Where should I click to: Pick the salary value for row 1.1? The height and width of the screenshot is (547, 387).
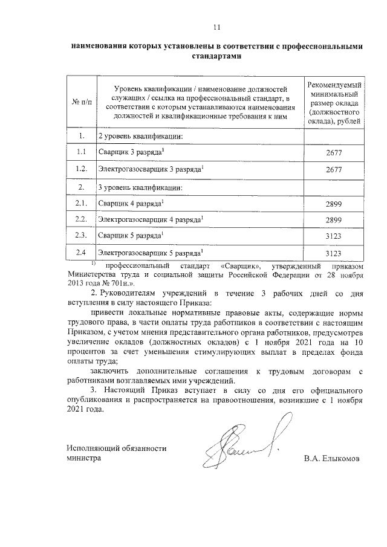tap(334, 154)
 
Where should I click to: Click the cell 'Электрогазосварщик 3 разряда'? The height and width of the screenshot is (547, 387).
tap(151, 170)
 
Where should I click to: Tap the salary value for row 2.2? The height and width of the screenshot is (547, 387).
tap(334, 219)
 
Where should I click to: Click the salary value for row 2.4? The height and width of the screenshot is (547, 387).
tap(334, 253)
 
